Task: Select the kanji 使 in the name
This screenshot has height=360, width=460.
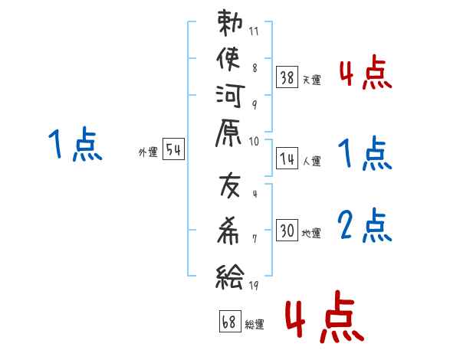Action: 230,61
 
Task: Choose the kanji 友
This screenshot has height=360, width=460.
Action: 230,187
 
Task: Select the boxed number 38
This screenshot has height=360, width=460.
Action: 287,77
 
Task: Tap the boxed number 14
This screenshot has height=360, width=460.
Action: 287,159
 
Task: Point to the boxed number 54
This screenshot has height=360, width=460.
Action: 174,150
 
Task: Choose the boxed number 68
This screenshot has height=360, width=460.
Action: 229,322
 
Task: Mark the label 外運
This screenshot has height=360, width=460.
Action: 148,152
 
